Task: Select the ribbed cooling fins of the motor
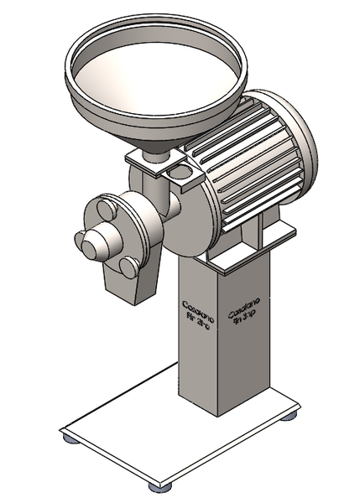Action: (252, 159)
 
